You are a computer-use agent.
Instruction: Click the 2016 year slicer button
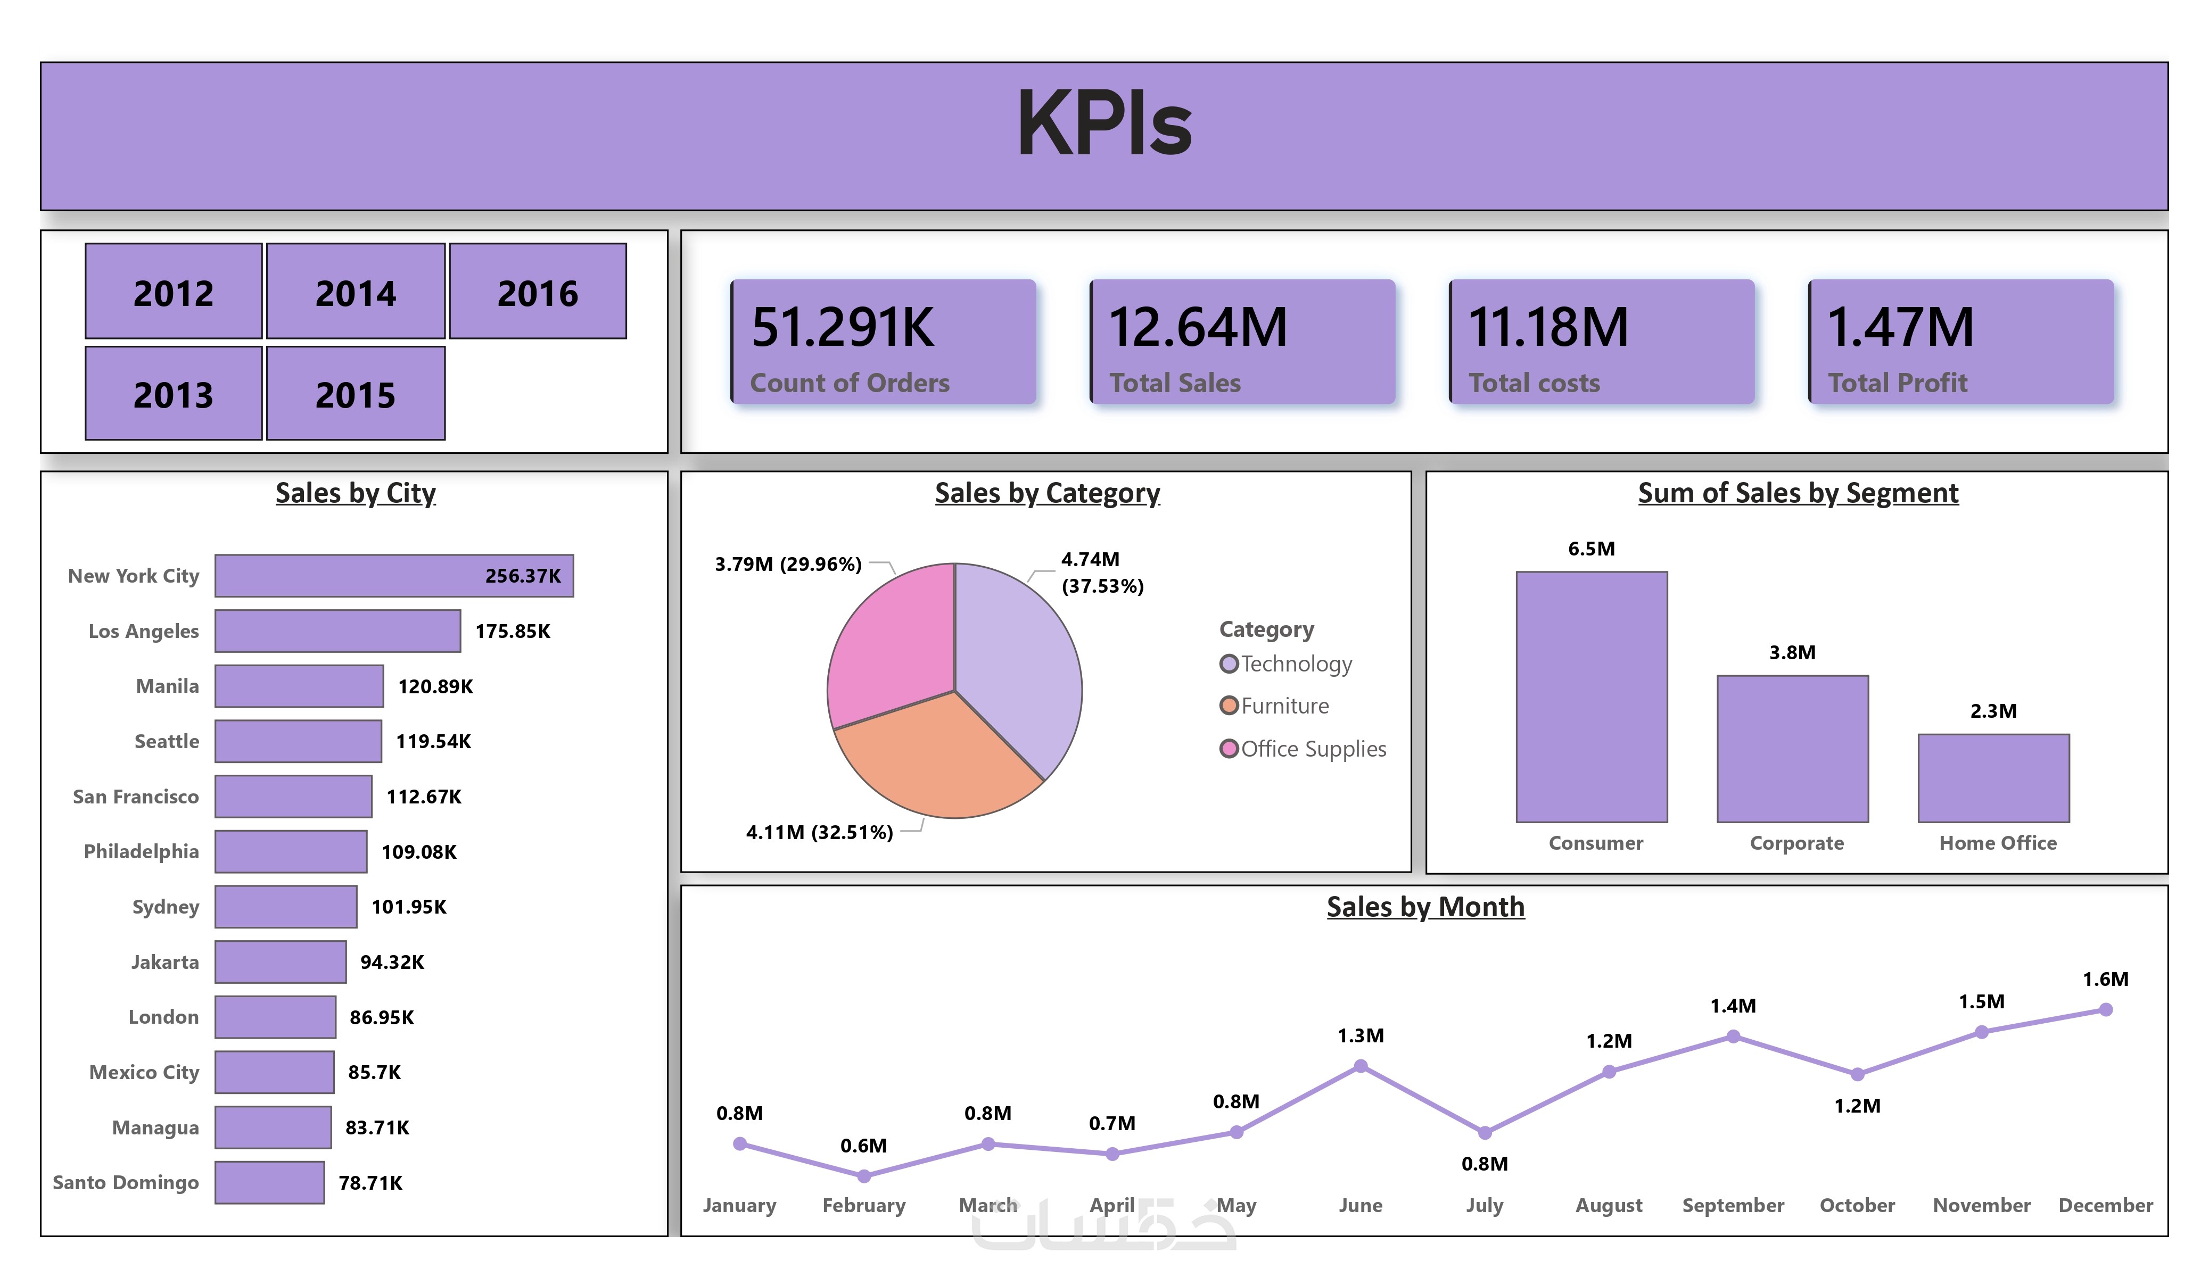538,292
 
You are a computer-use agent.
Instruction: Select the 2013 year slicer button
174,394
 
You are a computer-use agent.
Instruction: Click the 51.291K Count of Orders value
843,327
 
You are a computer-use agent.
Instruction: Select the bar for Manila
299,686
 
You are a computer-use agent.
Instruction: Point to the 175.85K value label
513,631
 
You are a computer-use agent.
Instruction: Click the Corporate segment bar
1793,749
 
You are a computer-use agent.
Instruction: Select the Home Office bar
1993,778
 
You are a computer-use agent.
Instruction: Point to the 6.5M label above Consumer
1591,549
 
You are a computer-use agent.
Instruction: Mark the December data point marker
2106,1010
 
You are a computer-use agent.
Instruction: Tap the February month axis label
863,1205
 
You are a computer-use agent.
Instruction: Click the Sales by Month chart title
1425,906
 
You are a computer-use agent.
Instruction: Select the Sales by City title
355,493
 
